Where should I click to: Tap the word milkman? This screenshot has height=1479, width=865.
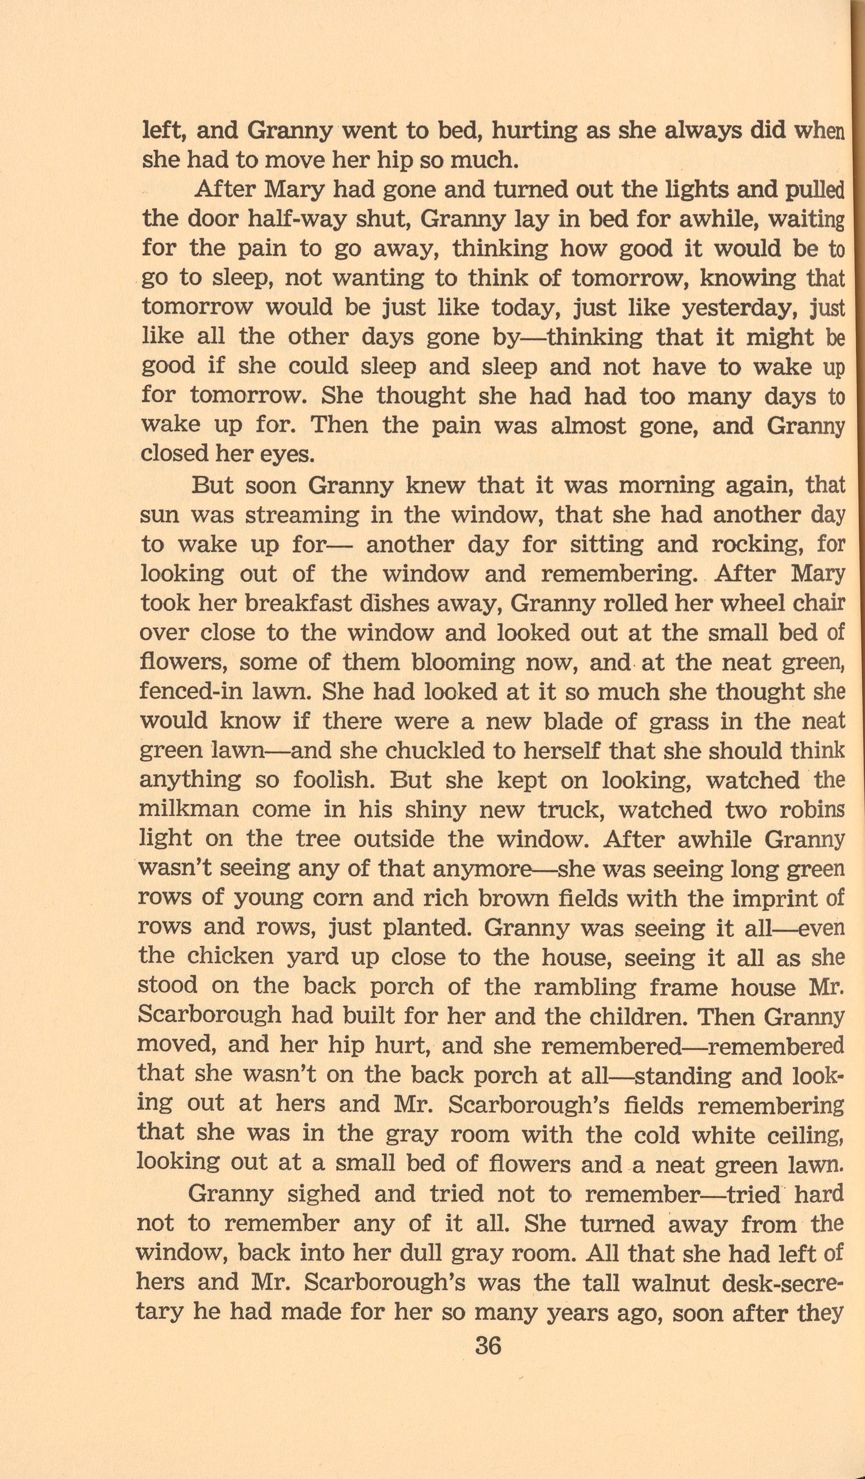pyautogui.click(x=189, y=810)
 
